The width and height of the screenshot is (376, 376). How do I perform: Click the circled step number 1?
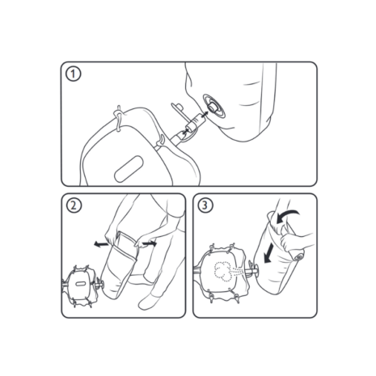coord(74,74)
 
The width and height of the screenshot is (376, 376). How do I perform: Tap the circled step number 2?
coord(74,205)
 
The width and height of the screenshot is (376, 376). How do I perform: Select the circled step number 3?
coord(205,205)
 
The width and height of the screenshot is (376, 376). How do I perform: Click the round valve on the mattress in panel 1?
coord(214,106)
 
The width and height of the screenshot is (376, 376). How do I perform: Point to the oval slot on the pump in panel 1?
coord(129,169)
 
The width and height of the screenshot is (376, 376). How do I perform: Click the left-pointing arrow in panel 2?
coord(101,244)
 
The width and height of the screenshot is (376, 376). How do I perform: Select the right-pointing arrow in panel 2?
coord(150,243)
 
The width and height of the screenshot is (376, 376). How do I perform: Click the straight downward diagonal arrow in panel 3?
coord(268,253)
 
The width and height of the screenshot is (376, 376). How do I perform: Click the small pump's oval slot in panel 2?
coord(80,283)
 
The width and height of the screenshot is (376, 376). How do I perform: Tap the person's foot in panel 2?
coord(148,302)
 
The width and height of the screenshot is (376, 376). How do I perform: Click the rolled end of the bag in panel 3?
coord(298,255)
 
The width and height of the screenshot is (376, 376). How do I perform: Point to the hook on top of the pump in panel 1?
coord(118,118)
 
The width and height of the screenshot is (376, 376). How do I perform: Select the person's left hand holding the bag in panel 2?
coord(112,236)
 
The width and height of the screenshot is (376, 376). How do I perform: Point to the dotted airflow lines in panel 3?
coord(239,271)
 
